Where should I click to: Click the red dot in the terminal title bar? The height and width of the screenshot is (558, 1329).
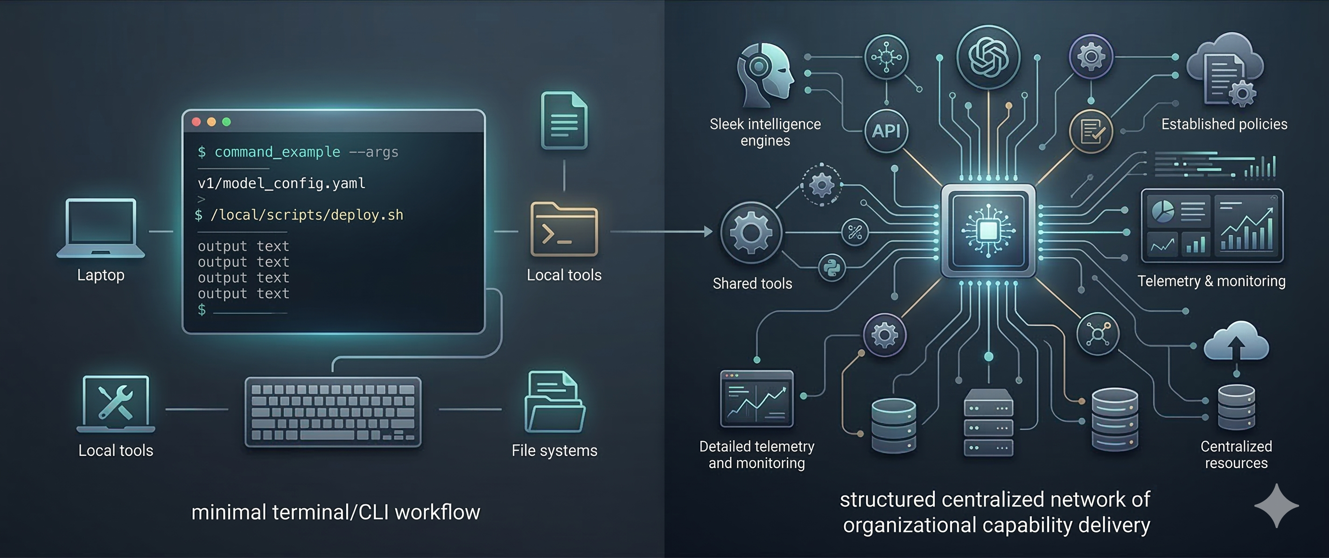point(196,122)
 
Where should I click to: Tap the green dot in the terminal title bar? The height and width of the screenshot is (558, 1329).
point(226,122)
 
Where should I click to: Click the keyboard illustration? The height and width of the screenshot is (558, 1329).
point(333,412)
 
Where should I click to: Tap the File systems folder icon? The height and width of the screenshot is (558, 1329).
point(555,402)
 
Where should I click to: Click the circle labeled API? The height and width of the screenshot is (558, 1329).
point(886,131)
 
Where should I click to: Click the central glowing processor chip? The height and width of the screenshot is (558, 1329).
point(988,230)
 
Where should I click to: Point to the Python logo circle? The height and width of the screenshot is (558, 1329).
point(832,268)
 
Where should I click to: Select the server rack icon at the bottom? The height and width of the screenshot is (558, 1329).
point(988,422)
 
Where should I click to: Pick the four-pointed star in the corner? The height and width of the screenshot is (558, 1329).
point(1276,505)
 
